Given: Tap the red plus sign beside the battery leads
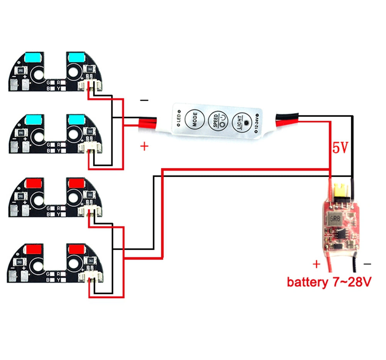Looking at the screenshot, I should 317,264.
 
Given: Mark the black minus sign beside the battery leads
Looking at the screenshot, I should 367,264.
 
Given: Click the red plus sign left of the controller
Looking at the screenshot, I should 144,146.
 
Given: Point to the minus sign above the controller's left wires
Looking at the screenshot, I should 144,100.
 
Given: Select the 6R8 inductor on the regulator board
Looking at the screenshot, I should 334,220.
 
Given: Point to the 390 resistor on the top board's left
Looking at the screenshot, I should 20,72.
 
